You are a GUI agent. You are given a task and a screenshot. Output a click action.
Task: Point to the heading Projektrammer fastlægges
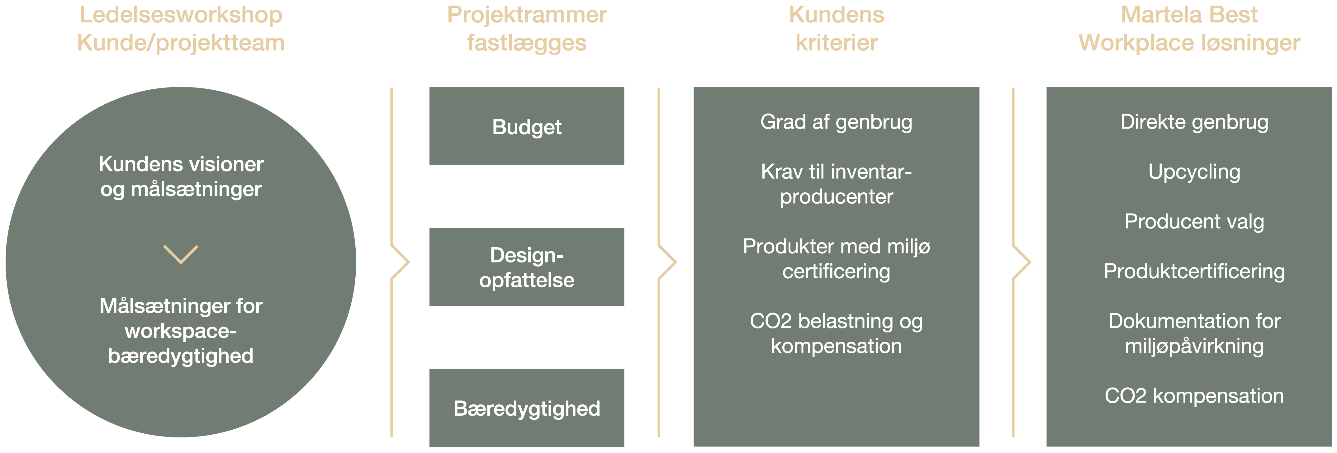(527, 29)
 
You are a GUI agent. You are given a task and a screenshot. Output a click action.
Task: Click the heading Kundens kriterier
(837, 29)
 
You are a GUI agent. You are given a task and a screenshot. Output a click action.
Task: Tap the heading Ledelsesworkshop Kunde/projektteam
(181, 29)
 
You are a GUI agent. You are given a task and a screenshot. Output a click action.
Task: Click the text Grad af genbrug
(836, 122)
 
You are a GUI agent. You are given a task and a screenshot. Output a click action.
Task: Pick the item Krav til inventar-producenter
(836, 184)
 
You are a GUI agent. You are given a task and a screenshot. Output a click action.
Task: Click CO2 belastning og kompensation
(836, 334)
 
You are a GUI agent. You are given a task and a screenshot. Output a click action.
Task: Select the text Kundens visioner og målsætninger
(181, 177)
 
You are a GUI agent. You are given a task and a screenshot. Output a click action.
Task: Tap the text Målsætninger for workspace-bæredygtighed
(181, 331)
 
